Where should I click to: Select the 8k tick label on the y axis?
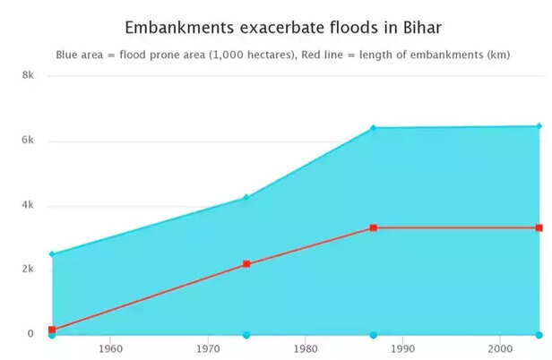point(28,76)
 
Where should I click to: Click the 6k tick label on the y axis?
point(28,141)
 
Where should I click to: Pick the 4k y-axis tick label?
point(28,205)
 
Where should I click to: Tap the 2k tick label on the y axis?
point(28,270)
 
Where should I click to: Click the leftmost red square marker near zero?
point(52,330)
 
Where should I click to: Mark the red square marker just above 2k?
point(246,264)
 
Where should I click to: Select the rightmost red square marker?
point(539,228)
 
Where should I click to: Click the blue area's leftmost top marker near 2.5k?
point(52,254)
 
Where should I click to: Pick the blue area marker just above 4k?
point(246,198)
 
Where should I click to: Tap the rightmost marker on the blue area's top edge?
point(539,126)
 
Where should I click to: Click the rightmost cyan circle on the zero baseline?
point(539,335)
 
